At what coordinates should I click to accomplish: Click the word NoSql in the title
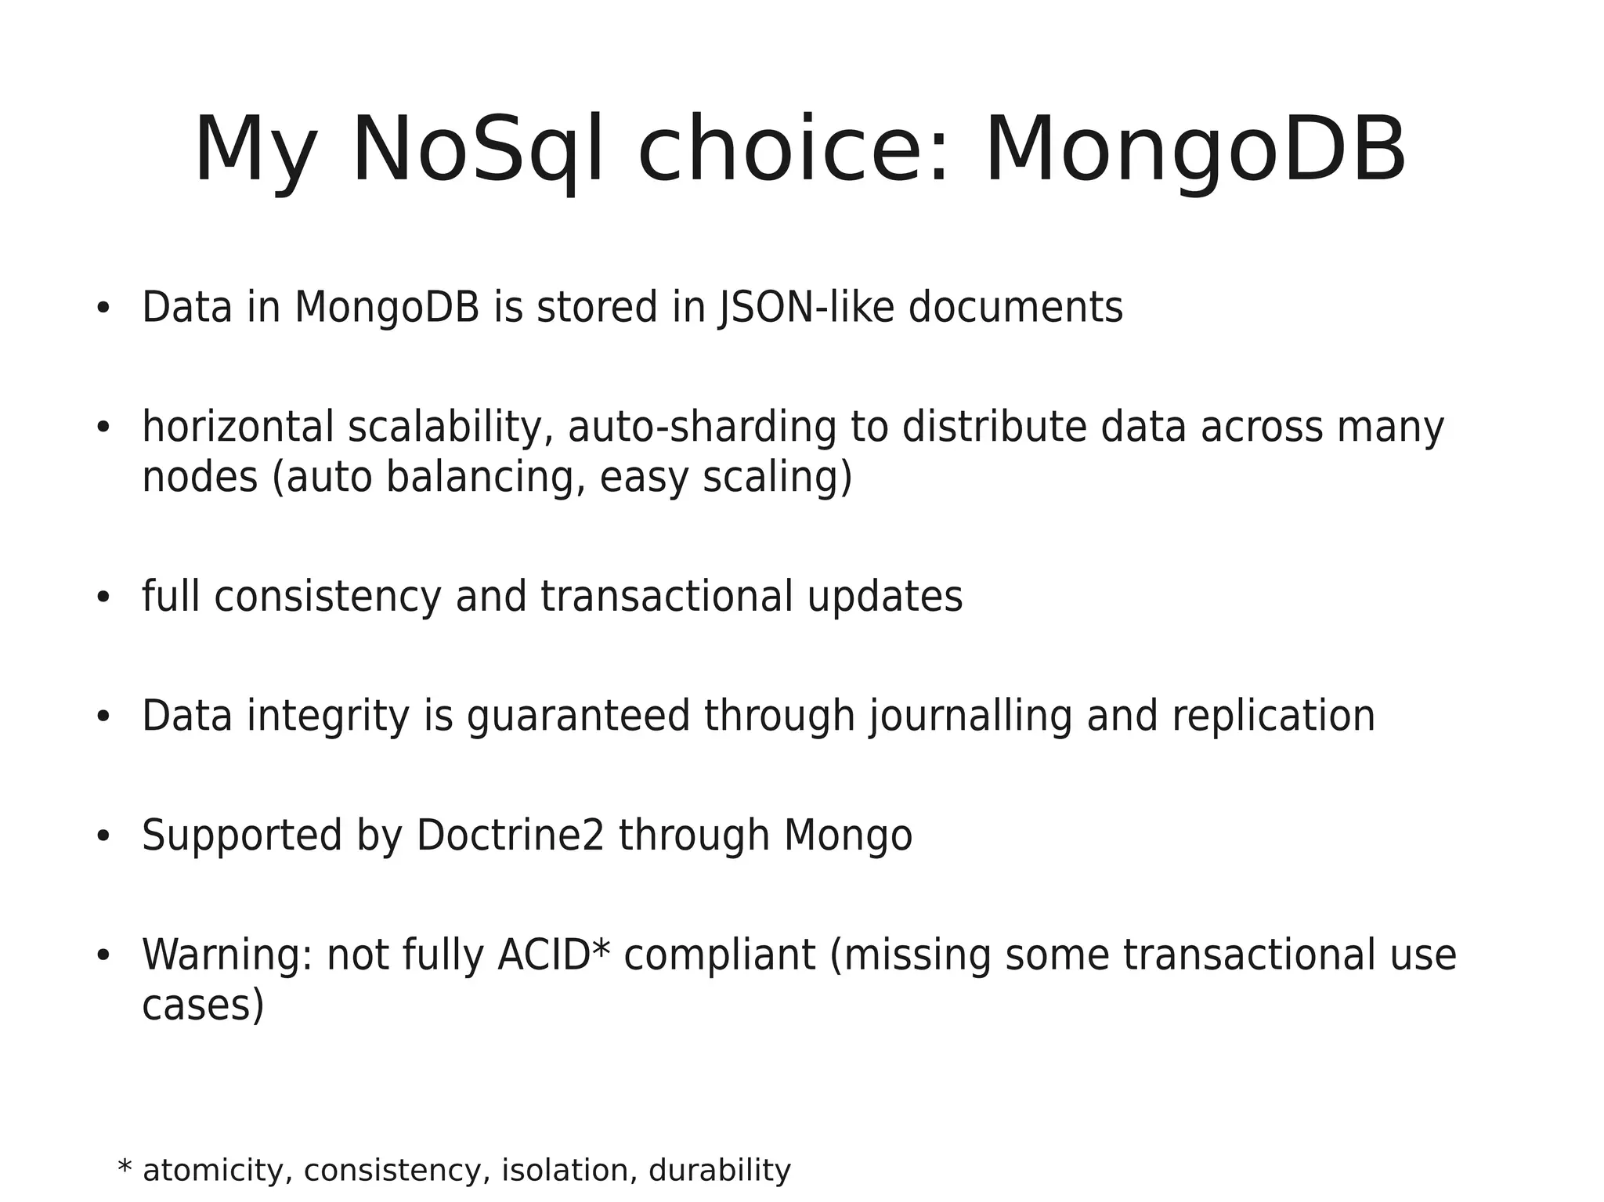pos(478,150)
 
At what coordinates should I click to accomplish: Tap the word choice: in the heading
pos(794,150)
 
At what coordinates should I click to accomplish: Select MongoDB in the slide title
pos(1195,150)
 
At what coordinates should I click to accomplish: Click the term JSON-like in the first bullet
pos(806,307)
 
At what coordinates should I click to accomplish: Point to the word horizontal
pos(238,428)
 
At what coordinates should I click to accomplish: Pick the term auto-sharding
pos(702,428)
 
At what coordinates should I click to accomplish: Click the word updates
pos(884,597)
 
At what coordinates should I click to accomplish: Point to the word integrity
pos(328,717)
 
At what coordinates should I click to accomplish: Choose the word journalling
pos(970,717)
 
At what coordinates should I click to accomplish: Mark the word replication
pos(1273,717)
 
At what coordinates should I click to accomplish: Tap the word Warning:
pos(228,955)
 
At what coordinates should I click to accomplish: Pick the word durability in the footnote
pos(720,1171)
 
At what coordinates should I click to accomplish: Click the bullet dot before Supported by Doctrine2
pos(103,836)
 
